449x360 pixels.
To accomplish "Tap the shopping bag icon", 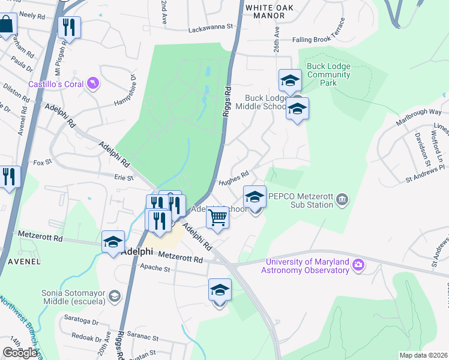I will (7, 25).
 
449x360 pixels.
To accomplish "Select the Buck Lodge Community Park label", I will (328, 74).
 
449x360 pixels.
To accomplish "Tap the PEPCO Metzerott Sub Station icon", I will (342, 199).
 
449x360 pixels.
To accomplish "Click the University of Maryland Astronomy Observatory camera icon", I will (358, 265).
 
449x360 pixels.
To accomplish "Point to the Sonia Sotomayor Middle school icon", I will (113, 296).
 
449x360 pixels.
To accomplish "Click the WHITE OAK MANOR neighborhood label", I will (268, 11).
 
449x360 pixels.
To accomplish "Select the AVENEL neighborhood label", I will (24, 262).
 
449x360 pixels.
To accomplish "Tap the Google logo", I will (20, 353).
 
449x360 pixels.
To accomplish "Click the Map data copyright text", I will (423, 355).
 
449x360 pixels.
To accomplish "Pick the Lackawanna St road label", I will (209, 28).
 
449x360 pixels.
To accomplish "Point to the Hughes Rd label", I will (234, 178).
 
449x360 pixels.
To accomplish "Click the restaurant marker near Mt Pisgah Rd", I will (69, 28).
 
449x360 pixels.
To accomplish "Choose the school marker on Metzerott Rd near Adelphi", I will (113, 242).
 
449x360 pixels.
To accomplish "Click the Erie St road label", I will (123, 177).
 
